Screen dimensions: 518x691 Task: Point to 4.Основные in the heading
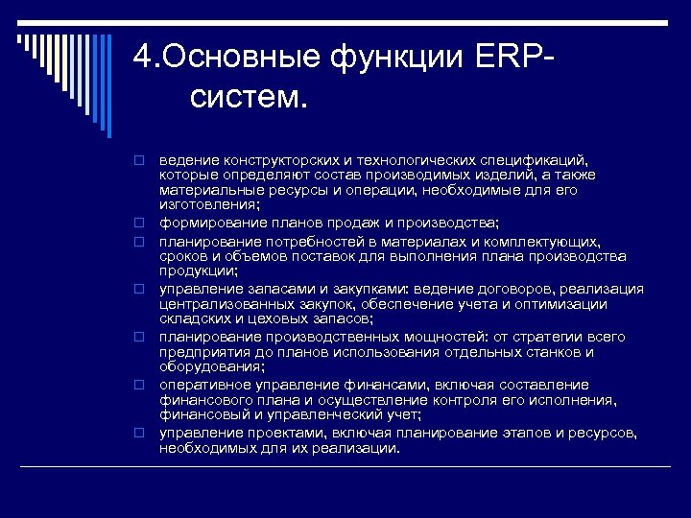225,57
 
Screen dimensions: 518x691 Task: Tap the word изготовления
208,204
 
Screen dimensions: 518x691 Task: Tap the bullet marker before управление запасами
138,290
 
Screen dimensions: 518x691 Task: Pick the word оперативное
202,384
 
